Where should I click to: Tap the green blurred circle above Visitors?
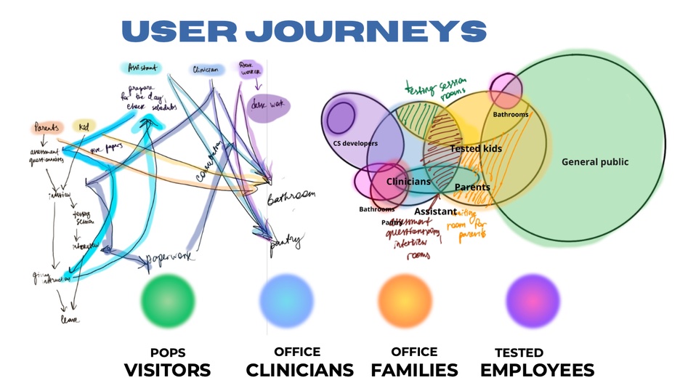tap(168, 299)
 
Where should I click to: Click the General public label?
tap(595, 162)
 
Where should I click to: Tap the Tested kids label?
tap(476, 149)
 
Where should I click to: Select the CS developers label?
tap(355, 144)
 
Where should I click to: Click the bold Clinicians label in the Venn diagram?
tap(408, 182)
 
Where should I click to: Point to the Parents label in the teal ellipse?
tap(472, 188)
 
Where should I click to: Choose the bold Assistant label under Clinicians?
tap(435, 211)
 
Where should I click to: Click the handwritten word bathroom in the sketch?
tap(292, 198)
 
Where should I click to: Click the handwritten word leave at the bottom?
tap(70, 319)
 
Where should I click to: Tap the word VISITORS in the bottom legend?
tap(167, 369)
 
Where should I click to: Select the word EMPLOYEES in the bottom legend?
tap(537, 369)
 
